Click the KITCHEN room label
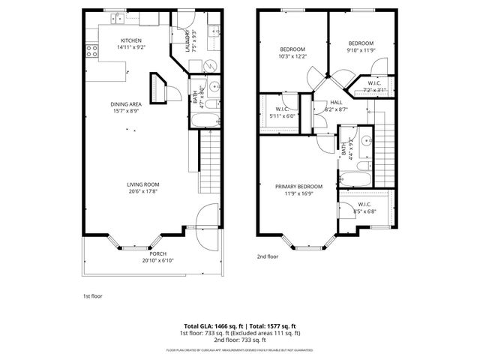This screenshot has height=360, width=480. pos(131,40)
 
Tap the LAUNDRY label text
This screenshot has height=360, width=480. pos(187,42)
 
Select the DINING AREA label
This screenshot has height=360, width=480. pos(126,106)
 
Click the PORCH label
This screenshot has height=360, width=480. pos(157,254)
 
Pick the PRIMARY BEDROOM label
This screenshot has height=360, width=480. pos(298,186)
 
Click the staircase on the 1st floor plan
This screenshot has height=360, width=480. pos(211,161)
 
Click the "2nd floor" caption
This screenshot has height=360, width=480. pos(268,256)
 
